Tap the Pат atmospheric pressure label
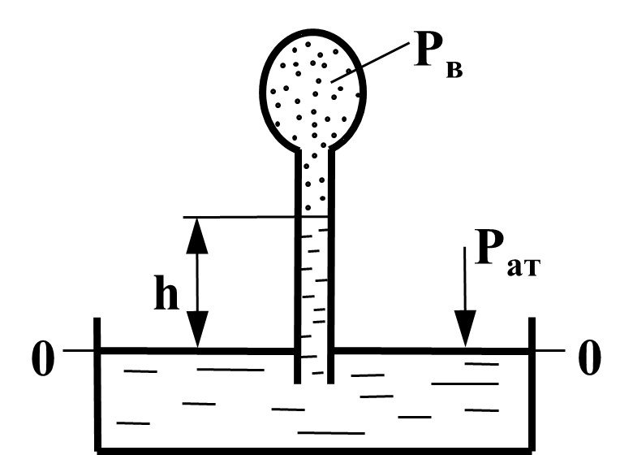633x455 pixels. click(507, 253)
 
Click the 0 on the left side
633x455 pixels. click(42, 358)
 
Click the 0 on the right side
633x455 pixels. click(589, 357)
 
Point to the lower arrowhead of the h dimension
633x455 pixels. click(197, 329)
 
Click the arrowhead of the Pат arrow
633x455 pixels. click(465, 328)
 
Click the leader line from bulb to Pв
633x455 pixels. click(370, 63)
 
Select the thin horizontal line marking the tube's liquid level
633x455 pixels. click(255, 217)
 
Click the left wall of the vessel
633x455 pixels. click(97, 383)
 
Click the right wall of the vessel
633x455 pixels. click(532, 383)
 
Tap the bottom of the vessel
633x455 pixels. click(315, 451)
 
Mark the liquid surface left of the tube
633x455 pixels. click(197, 351)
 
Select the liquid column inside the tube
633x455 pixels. click(315, 299)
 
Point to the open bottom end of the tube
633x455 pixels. click(314, 382)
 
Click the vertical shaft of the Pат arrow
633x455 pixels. click(465, 279)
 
